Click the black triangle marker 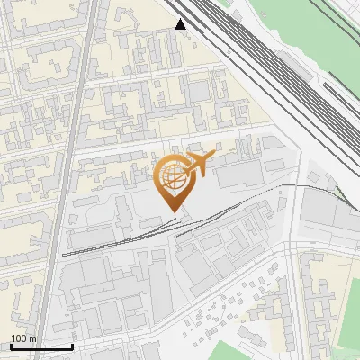tap(181, 24)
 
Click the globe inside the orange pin tap(170, 175)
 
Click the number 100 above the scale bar tap(19, 338)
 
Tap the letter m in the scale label tap(32, 338)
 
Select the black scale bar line tap(40, 346)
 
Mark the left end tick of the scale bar tap(10, 346)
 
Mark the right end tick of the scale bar tap(72, 346)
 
